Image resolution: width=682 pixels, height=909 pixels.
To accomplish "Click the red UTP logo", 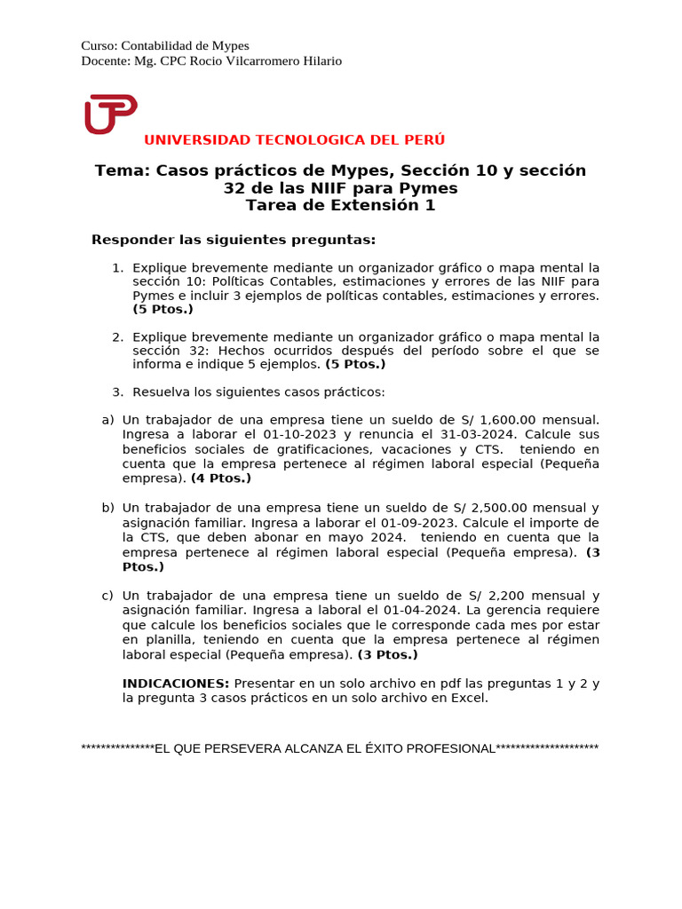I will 110,114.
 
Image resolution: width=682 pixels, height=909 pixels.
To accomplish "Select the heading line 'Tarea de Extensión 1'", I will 341,205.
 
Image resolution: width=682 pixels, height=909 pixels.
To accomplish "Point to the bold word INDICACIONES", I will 176,684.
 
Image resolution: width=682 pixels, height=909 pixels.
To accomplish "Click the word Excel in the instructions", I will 471,699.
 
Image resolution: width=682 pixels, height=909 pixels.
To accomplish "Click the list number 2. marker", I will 117,337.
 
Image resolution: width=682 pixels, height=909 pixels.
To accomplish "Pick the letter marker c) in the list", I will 107,596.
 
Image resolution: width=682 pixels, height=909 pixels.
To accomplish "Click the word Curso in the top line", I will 98,45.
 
